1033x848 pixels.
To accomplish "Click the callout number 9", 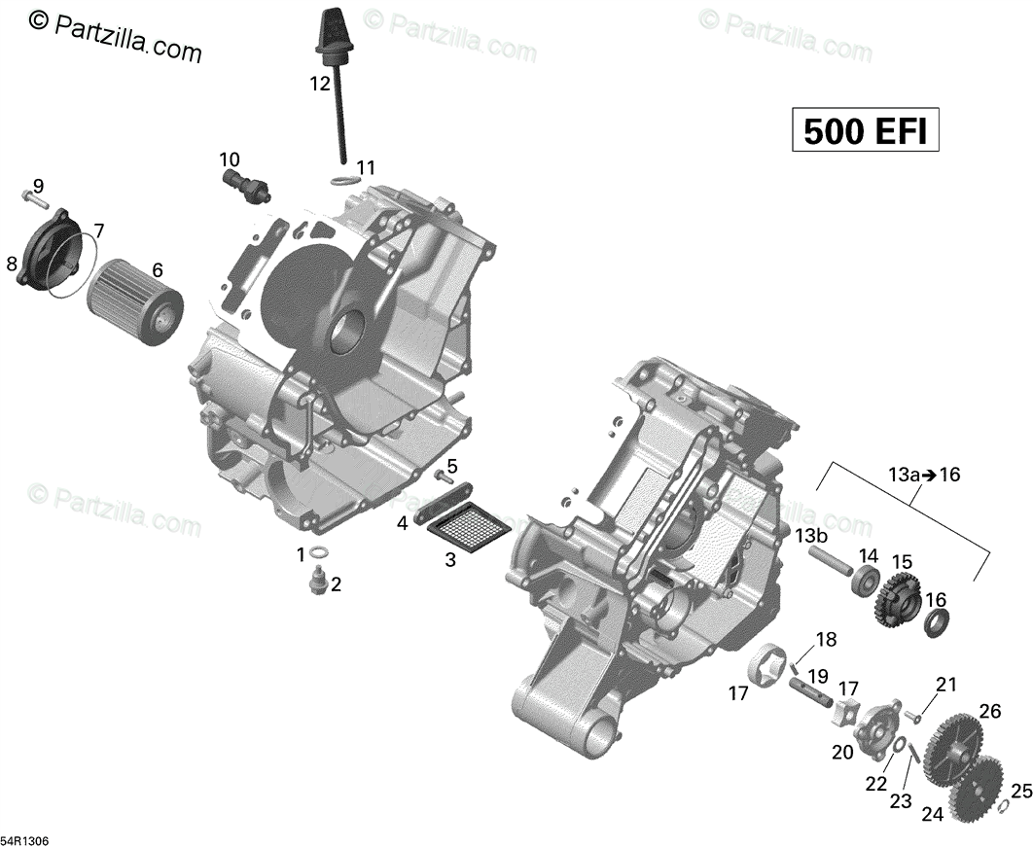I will (38, 186).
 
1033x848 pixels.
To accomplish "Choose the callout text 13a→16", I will (923, 475).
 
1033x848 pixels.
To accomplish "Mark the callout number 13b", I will (811, 537).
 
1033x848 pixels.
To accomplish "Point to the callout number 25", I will (1020, 791).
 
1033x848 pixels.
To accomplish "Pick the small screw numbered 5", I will (445, 477).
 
